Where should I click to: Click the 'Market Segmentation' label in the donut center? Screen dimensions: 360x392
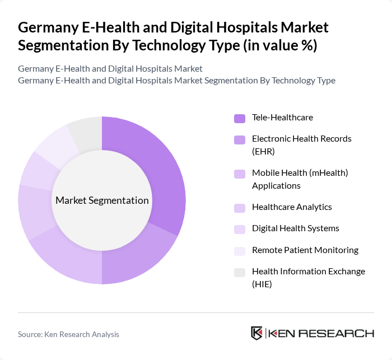coord(102,200)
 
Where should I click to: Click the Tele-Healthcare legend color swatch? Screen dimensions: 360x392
coord(240,118)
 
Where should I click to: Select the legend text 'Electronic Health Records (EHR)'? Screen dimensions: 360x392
coord(301,144)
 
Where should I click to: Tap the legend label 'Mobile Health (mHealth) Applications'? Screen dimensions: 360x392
coord(300,179)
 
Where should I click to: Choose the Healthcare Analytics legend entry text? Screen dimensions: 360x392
coord(292,207)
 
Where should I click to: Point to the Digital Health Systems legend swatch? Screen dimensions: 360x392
coord(240,229)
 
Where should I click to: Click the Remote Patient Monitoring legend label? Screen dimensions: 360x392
coord(305,250)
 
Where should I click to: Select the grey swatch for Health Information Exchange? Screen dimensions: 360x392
coord(240,272)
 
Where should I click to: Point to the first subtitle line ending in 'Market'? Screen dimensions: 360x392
coord(110,68)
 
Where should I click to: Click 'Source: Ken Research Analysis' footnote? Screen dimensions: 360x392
coord(68,334)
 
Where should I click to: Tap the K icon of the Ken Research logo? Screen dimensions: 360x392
coord(256,333)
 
